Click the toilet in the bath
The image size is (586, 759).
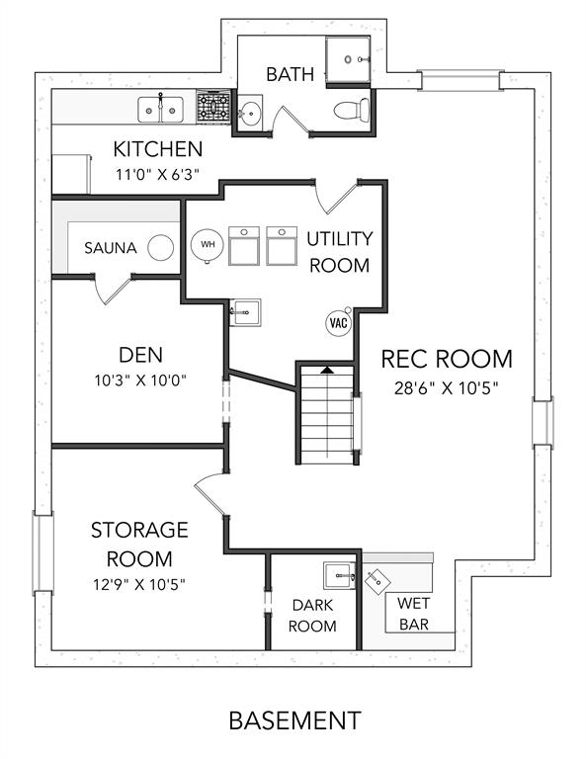[x=352, y=110]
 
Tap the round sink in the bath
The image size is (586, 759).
[x=250, y=114]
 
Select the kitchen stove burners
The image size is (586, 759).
[x=212, y=107]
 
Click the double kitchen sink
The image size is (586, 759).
[x=160, y=110]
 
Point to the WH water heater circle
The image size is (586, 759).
[x=208, y=245]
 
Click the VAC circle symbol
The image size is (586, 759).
[x=338, y=322]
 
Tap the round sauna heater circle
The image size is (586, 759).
[x=161, y=248]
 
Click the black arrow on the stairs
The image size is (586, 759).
[x=328, y=370]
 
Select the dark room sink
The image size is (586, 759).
[x=339, y=576]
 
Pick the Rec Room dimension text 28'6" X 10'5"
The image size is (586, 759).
[x=446, y=388]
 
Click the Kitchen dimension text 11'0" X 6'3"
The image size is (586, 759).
[x=158, y=174]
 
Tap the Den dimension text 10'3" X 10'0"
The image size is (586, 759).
[x=140, y=380]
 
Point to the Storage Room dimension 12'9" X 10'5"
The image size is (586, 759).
[x=139, y=585]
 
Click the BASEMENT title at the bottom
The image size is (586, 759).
[x=295, y=720]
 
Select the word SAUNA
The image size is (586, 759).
[x=111, y=248]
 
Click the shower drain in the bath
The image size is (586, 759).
[x=348, y=59]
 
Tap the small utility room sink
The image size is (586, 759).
[x=245, y=312]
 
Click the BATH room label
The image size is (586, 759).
[x=291, y=74]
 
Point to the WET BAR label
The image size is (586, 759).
[x=414, y=614]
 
